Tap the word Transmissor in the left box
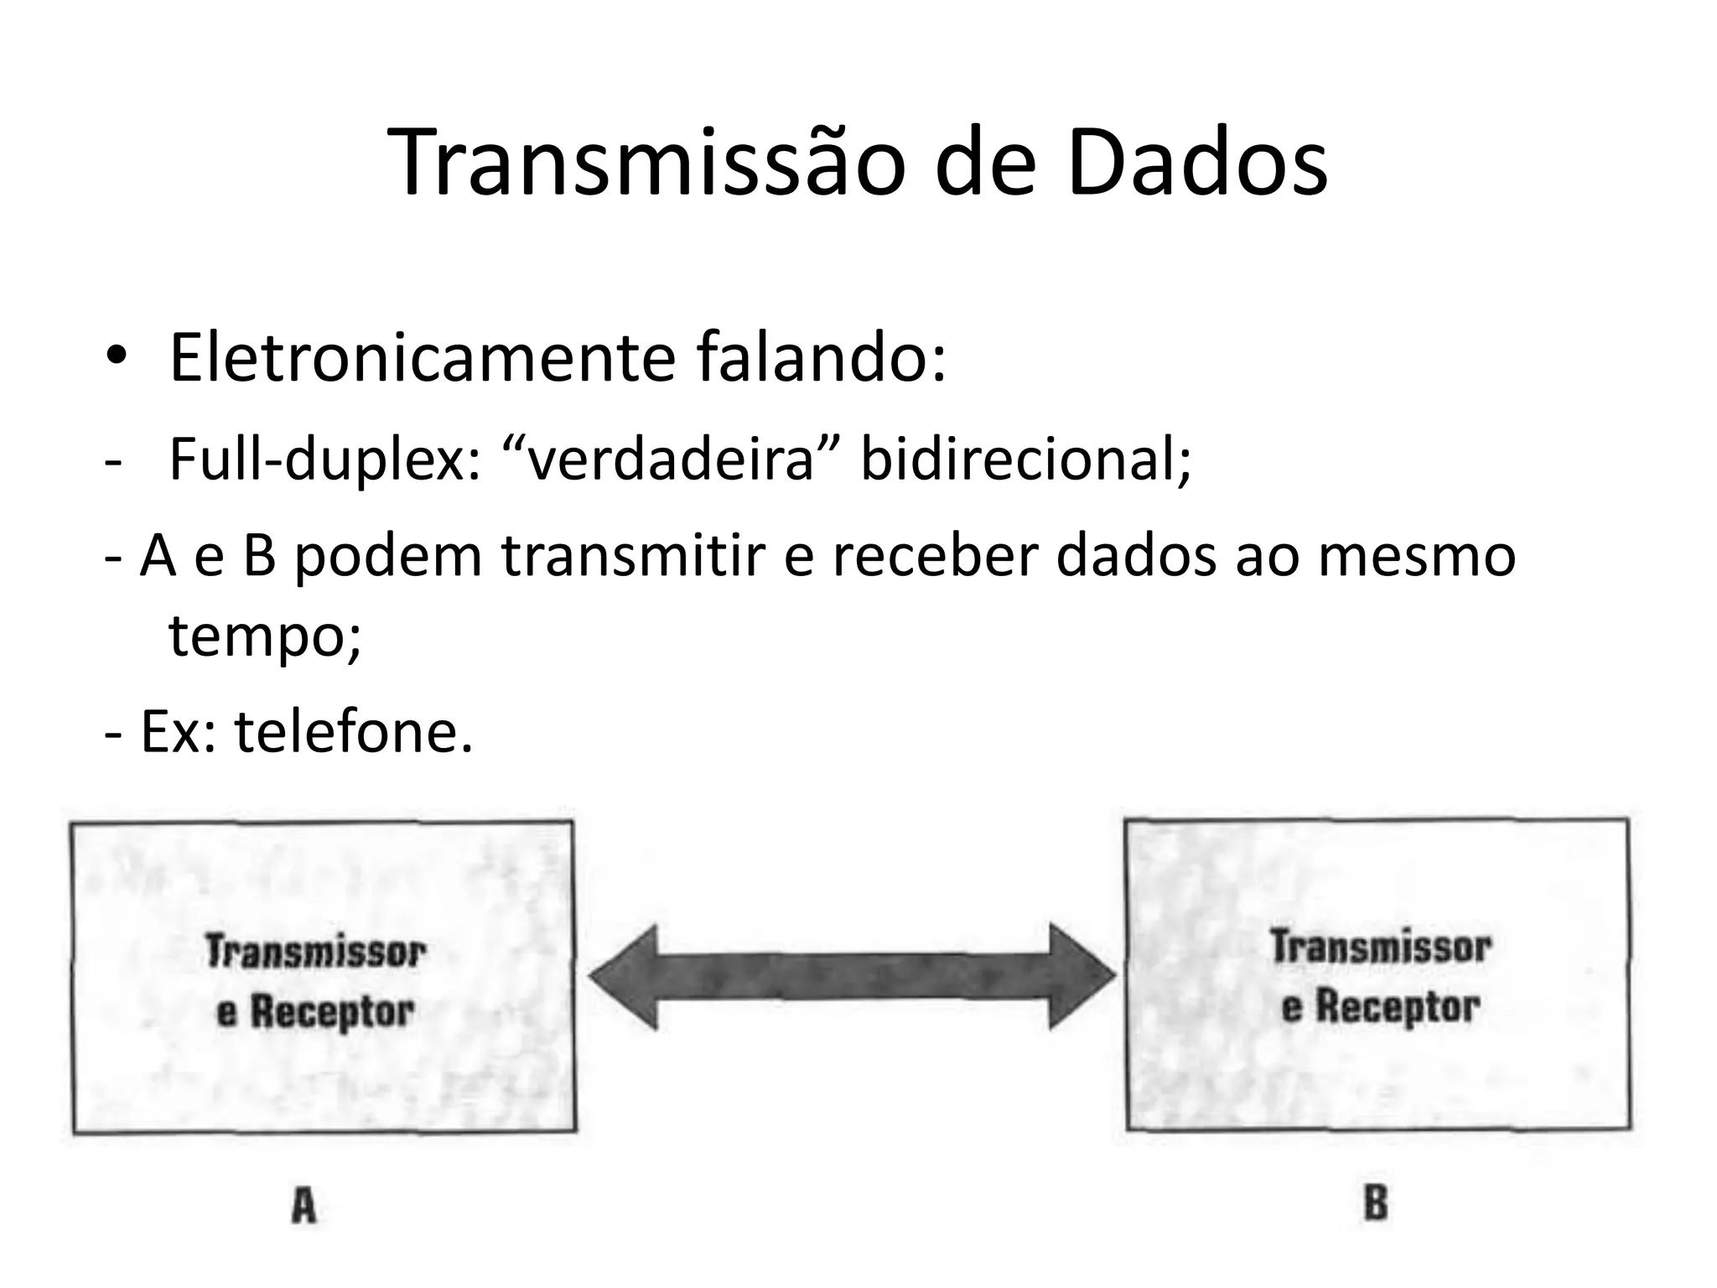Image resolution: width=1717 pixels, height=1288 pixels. tap(316, 952)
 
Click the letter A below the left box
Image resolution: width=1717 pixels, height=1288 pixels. tap(303, 1207)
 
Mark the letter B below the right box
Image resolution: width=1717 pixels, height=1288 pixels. tap(1376, 1204)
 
